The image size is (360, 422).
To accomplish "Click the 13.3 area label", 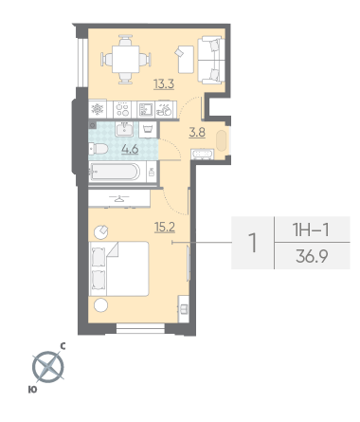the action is pyautogui.click(x=164, y=84).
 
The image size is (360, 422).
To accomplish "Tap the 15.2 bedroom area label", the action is pyautogui.click(x=165, y=227).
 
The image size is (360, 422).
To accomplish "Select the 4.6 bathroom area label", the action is pyautogui.click(x=130, y=149).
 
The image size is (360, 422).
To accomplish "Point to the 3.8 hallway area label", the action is pyautogui.click(x=197, y=133).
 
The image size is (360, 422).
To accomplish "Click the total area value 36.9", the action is pyautogui.click(x=312, y=256).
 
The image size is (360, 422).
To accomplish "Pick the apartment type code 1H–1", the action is pyautogui.click(x=312, y=229).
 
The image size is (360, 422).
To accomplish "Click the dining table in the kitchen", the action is pyautogui.click(x=126, y=60).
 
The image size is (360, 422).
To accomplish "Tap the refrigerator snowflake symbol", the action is pyautogui.click(x=98, y=109).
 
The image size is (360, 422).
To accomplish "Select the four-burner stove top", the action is pyautogui.click(x=122, y=109).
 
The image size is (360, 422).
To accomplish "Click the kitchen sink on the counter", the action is pyautogui.click(x=146, y=109).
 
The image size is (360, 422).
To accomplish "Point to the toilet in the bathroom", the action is pyautogui.click(x=99, y=149).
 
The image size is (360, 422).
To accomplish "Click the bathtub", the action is pyautogui.click(x=115, y=172).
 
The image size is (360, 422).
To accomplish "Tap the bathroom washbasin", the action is pyautogui.click(x=124, y=129).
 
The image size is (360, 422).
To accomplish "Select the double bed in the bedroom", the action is pyautogui.click(x=119, y=268).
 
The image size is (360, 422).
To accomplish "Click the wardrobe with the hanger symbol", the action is pyautogui.click(x=119, y=198).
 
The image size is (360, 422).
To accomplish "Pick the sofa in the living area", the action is pyautogui.click(x=211, y=60).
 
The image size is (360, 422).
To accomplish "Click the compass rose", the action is pyautogui.click(x=48, y=367).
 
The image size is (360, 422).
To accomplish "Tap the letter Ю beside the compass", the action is pyautogui.click(x=32, y=390).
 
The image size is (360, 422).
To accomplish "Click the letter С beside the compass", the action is pyautogui.click(x=63, y=346).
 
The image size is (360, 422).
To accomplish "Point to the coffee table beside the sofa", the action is pyautogui.click(x=186, y=60).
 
